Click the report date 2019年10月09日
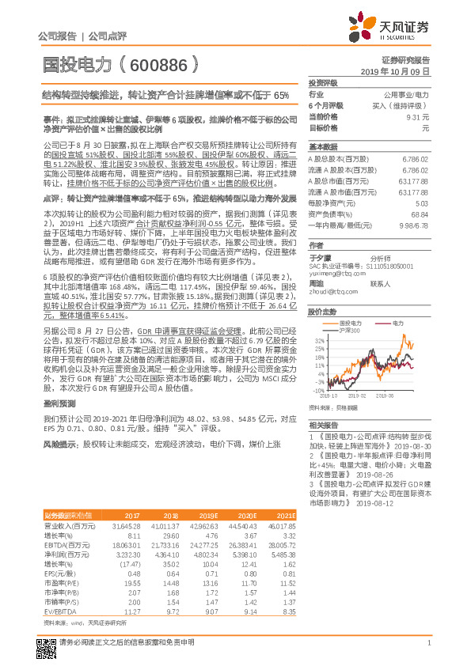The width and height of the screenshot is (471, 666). [x=401, y=71]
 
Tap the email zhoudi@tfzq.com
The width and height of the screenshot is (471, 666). [x=329, y=290]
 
